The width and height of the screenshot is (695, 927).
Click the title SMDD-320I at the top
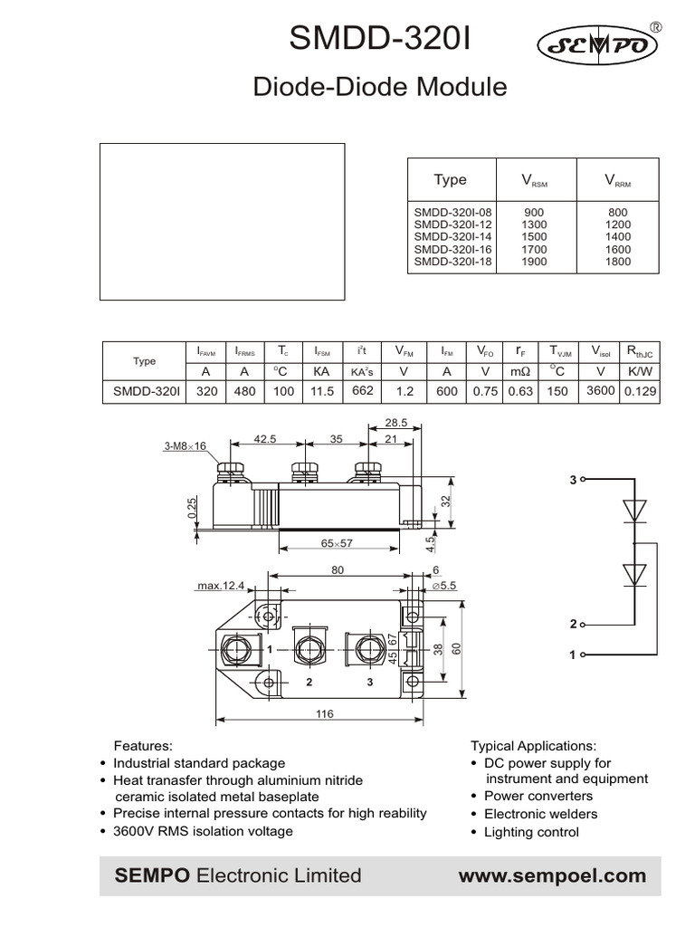click(x=380, y=41)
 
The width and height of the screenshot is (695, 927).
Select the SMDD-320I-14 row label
click(x=452, y=236)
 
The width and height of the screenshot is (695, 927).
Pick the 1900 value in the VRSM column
click(x=534, y=262)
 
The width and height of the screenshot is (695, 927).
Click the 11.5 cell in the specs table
click(x=322, y=391)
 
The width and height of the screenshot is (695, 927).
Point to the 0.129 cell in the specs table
click(x=641, y=391)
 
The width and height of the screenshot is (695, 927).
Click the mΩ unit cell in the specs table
click(x=520, y=371)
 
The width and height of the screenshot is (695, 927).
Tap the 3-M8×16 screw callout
click(x=186, y=446)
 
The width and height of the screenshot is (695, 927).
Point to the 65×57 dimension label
click(x=337, y=543)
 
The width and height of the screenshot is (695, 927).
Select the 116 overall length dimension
click(x=323, y=714)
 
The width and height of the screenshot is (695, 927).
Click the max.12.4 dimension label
click(x=221, y=586)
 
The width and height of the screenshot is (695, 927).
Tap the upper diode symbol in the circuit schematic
click(x=635, y=511)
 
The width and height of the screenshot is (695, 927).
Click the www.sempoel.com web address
click(x=552, y=875)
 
